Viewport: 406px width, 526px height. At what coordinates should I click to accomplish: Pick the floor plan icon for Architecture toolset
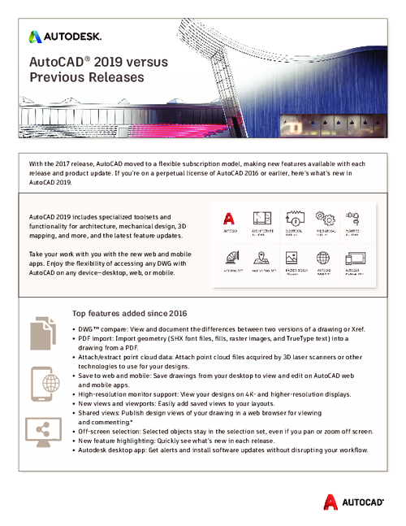pyautogui.click(x=261, y=218)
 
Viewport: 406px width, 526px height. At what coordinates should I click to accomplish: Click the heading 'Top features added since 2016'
pyautogui.click(x=130, y=313)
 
